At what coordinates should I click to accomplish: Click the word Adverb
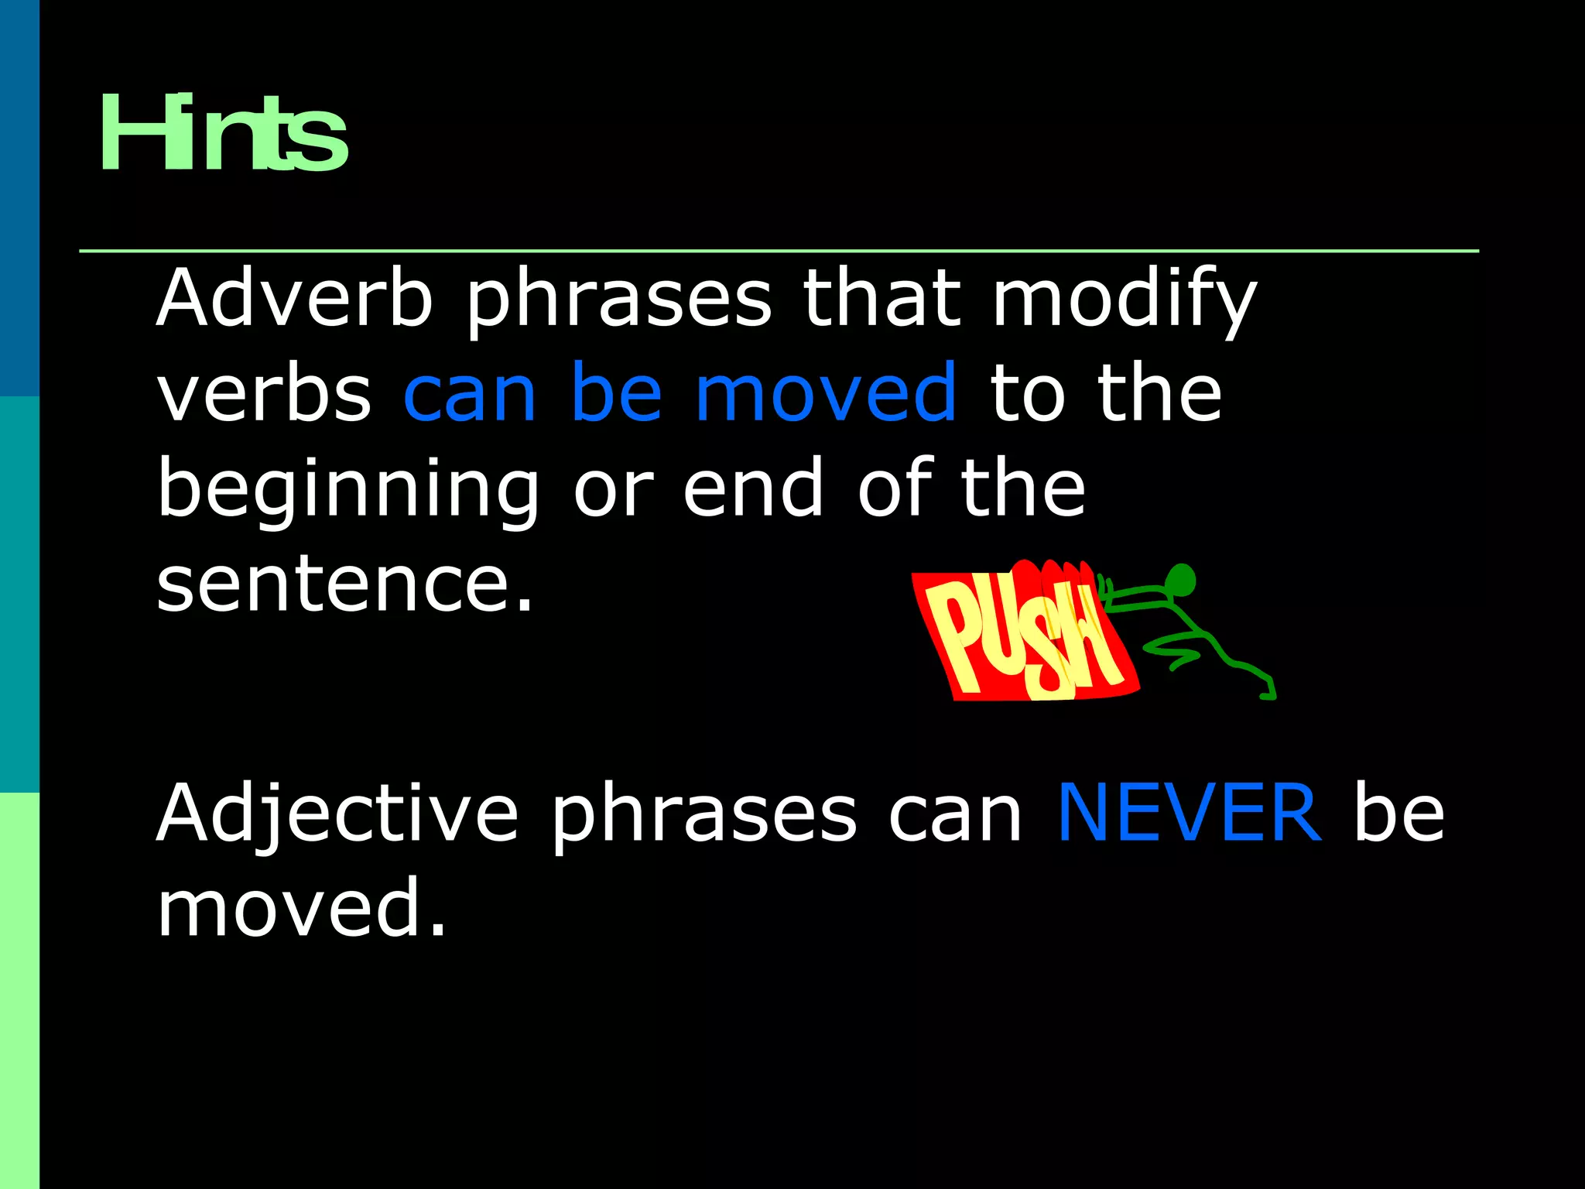(294, 298)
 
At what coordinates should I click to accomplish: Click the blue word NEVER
(1189, 813)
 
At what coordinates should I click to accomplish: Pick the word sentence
(345, 584)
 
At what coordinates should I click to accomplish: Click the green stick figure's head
(1180, 581)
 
